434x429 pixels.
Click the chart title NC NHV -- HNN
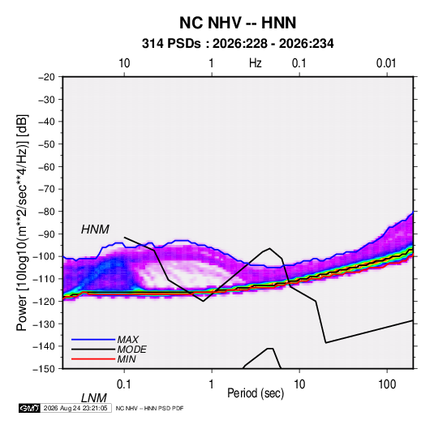[x=238, y=23]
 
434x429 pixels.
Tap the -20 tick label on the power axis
[x=46, y=77]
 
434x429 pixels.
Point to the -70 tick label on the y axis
[x=46, y=189]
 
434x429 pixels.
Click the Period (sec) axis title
[x=256, y=393]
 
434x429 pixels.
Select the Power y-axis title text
[x=22, y=222]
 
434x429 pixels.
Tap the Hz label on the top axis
[x=256, y=63]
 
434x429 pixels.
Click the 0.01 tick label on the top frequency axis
[x=386, y=63]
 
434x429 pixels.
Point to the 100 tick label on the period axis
[x=387, y=384]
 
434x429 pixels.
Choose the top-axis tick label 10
[x=124, y=63]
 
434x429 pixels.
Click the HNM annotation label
[x=95, y=230]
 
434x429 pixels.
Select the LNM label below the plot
[x=93, y=398]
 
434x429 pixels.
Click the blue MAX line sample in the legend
[x=93, y=339]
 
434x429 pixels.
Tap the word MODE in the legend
[x=131, y=350]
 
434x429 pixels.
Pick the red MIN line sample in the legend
[x=93, y=359]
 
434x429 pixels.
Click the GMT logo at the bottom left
[x=30, y=408]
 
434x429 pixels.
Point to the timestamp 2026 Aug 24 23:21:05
[x=75, y=408]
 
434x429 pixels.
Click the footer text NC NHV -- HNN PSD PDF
[x=149, y=408]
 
